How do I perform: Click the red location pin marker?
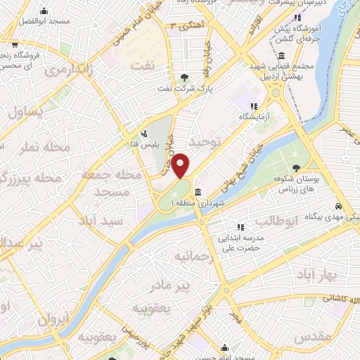(181, 165)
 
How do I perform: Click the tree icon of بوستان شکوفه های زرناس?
(296, 166)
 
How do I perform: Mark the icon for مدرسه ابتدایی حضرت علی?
(240, 227)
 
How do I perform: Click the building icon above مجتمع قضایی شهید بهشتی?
(281, 56)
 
